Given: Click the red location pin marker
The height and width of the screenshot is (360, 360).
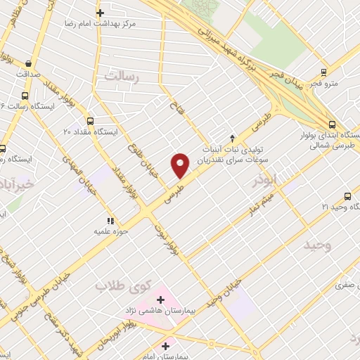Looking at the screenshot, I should (180, 165).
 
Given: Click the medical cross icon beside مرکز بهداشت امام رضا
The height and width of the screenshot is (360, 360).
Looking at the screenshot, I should (101, 13).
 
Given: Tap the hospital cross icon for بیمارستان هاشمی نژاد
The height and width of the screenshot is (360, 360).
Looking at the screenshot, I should (161, 300).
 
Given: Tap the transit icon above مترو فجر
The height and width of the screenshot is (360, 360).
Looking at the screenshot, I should (323, 72).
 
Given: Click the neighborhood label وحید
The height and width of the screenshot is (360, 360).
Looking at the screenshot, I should (317, 245).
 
